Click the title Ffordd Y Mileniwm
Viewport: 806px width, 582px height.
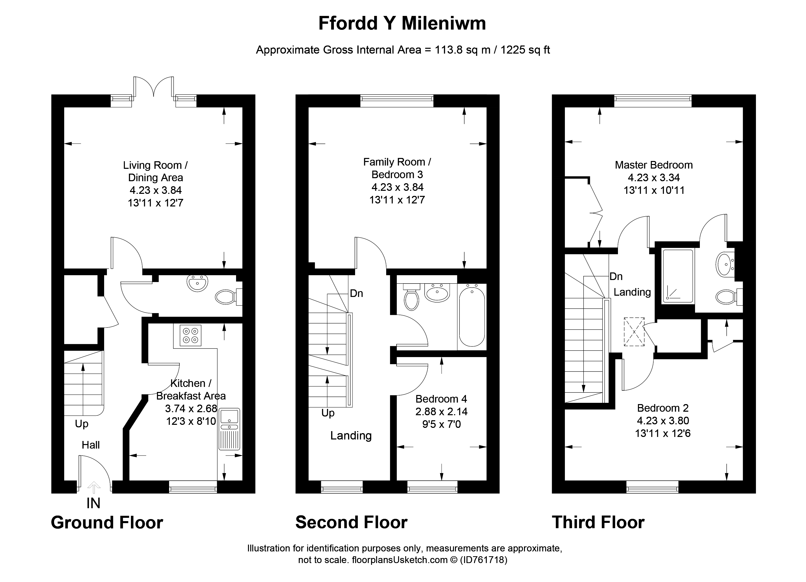[402, 24]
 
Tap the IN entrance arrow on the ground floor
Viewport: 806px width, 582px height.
[94, 487]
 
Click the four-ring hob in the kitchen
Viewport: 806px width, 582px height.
[191, 335]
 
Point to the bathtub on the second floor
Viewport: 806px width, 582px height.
[472, 317]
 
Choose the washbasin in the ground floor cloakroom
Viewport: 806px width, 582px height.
[197, 283]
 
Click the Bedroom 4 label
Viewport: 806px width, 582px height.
[441, 399]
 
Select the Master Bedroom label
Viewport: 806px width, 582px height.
[654, 165]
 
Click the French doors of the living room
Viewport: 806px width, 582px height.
[153, 87]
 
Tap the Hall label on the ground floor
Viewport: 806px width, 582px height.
[91, 445]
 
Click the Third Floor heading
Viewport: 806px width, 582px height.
[598, 522]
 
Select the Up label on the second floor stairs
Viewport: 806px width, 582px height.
[328, 413]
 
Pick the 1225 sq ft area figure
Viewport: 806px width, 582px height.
[525, 50]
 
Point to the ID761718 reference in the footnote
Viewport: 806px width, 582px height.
[484, 560]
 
